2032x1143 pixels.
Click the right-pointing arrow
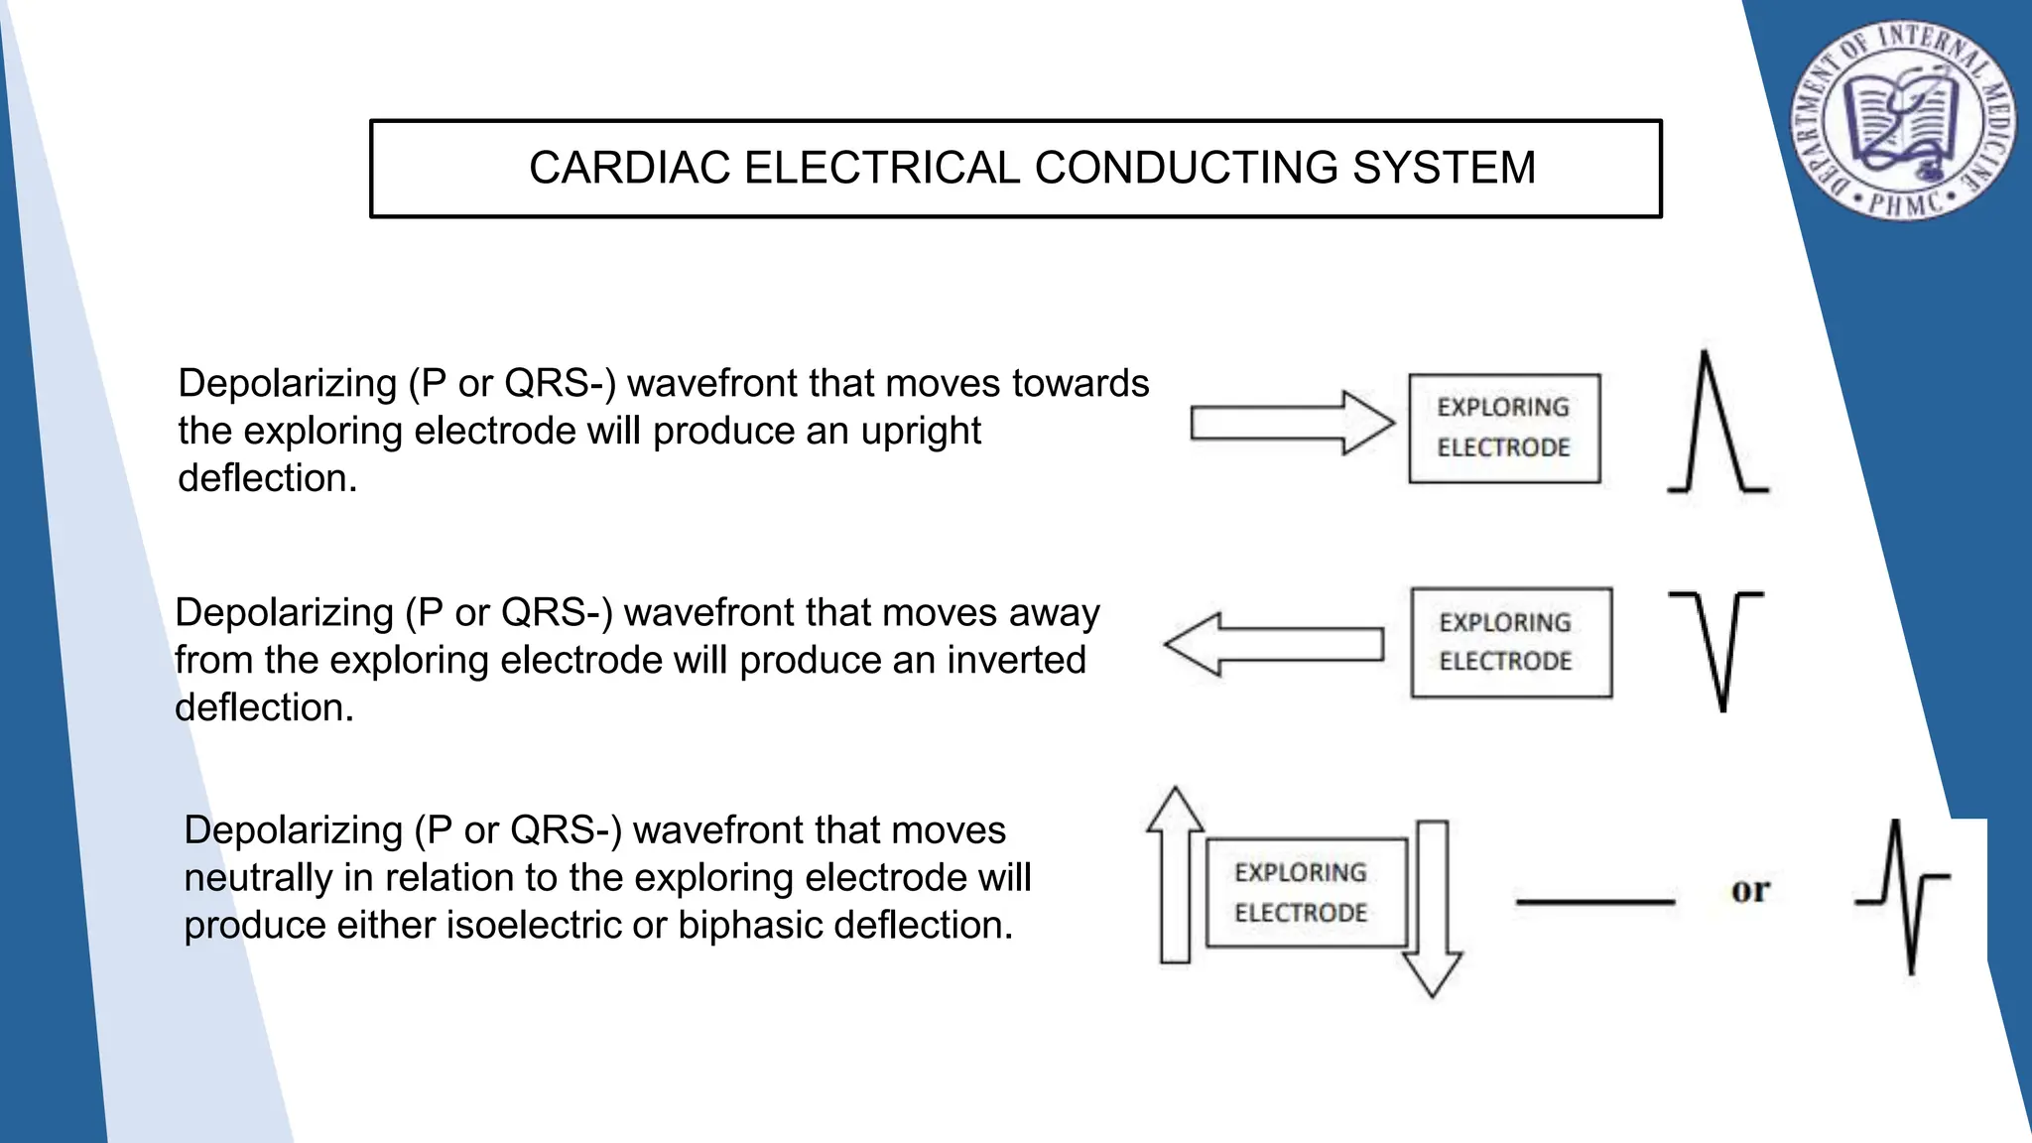(1291, 423)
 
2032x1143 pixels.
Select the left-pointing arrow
(1274, 644)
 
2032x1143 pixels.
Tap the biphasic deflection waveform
(1903, 895)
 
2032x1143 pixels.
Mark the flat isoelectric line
(1594, 902)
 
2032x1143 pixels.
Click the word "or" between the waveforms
(1750, 891)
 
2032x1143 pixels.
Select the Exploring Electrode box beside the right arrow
(1504, 429)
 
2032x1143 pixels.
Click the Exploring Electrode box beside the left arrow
(1511, 643)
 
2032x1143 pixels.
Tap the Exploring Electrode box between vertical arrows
(1306, 892)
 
